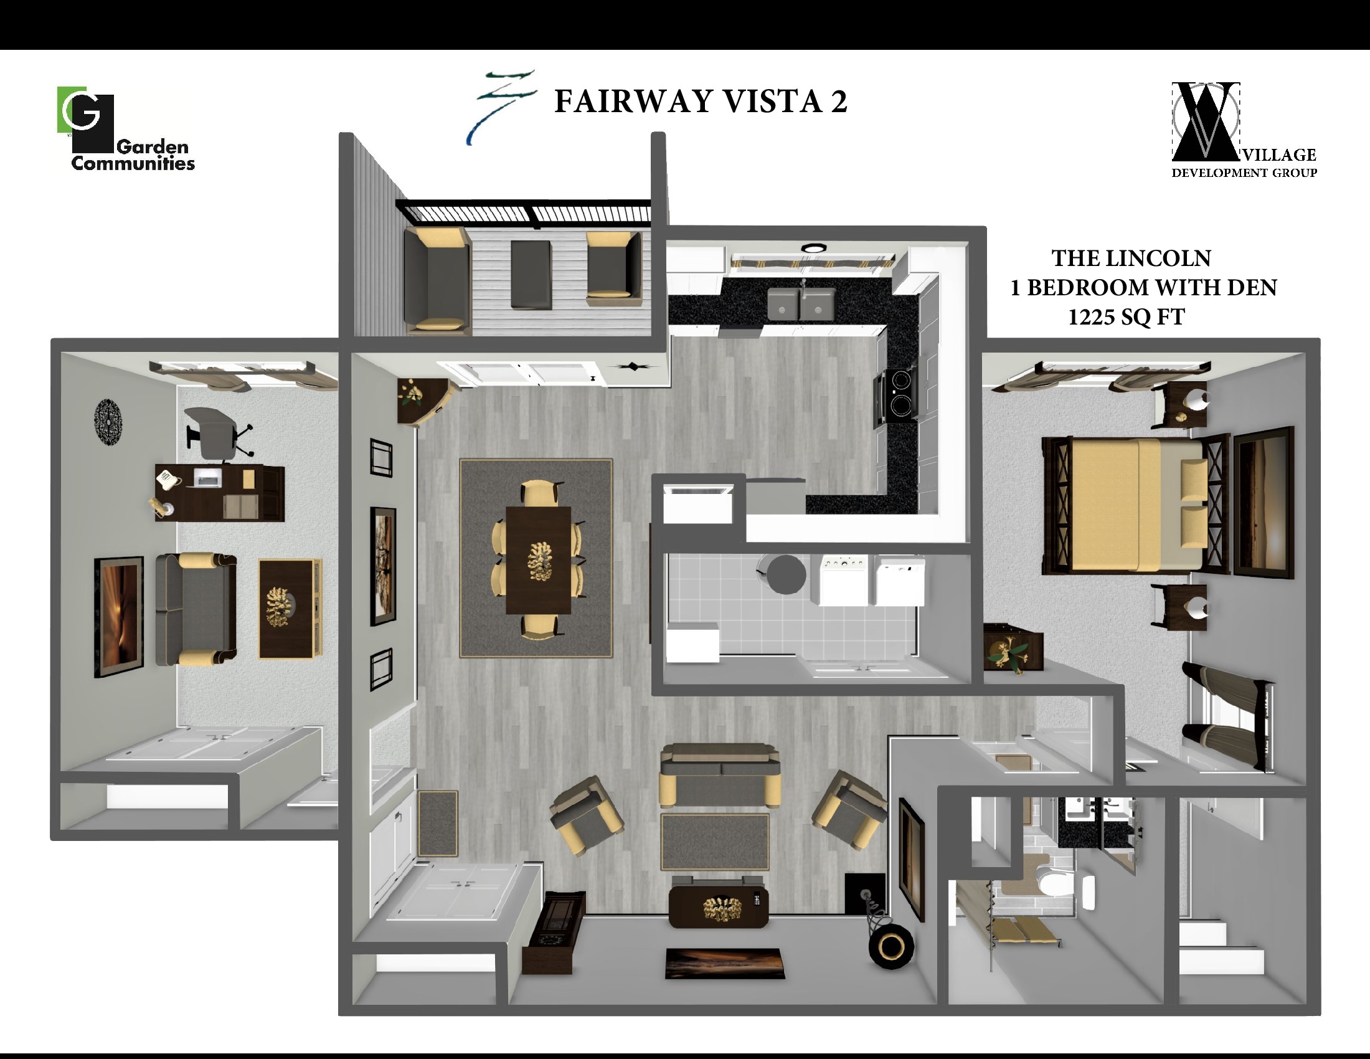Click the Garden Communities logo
[x=125, y=128]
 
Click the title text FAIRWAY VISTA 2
[x=700, y=102]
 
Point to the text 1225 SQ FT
[x=1126, y=318]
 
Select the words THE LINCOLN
[x=1131, y=259]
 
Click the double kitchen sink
[x=801, y=303]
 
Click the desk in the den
[x=220, y=493]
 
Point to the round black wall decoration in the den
[x=108, y=423]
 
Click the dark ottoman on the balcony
[x=531, y=275]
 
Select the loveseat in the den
[x=196, y=609]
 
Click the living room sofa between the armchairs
[x=719, y=775]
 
